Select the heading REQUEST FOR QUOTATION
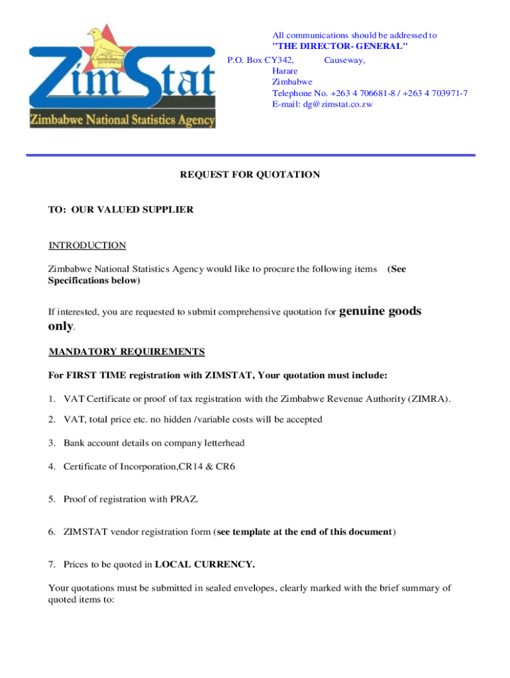point(250,175)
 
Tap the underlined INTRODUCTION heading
point(87,246)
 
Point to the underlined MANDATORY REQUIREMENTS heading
point(127,352)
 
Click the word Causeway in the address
point(344,60)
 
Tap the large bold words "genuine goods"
point(380,311)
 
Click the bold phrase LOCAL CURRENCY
point(205,565)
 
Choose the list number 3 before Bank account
point(51,442)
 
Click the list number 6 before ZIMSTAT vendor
point(51,532)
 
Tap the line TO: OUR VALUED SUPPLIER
point(121,210)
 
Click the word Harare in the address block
point(285,71)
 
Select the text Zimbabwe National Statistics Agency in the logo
point(121,121)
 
